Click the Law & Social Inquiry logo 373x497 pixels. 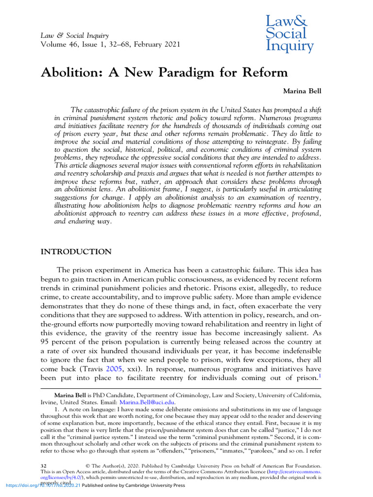pyautogui.click(x=289, y=33)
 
